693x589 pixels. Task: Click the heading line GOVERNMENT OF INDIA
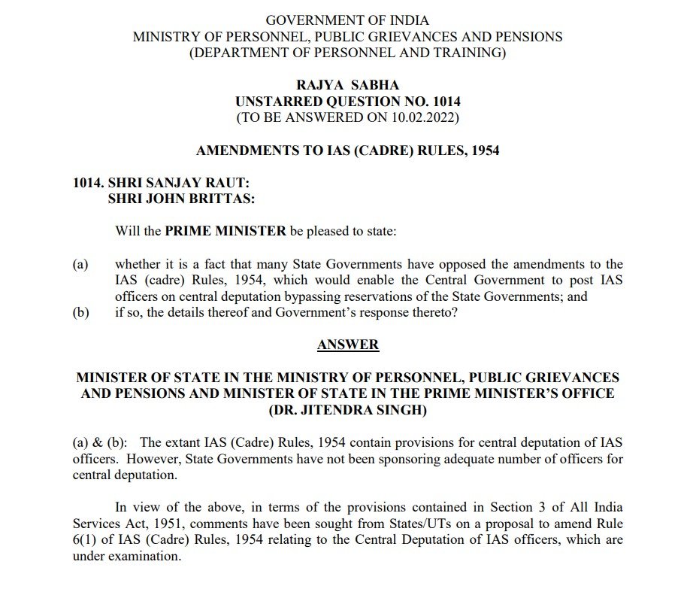point(347,20)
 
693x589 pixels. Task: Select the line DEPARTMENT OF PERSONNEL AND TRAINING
point(347,53)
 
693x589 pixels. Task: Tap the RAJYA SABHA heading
point(347,86)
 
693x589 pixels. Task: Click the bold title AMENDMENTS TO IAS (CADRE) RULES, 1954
point(347,150)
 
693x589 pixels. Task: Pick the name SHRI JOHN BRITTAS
point(180,199)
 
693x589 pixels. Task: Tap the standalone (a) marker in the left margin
point(80,264)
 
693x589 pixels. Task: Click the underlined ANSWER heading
point(348,345)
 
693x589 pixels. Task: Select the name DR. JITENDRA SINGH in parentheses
point(347,409)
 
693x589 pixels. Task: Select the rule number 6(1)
point(88,540)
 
